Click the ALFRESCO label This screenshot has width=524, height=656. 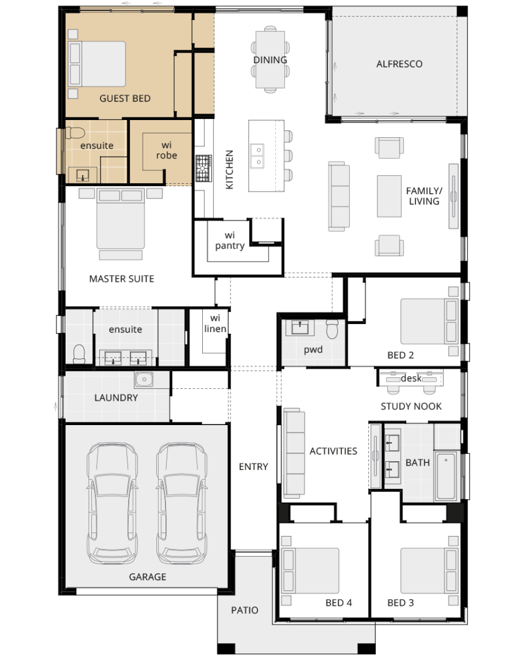pos(399,64)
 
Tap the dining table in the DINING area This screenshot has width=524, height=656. pos(270,59)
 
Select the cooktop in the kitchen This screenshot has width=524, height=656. pos(203,168)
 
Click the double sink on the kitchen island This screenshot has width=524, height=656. pos(257,156)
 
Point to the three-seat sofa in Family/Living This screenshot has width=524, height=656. pos(338,196)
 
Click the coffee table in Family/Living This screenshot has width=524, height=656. pos(389,196)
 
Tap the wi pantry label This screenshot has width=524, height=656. pos(229,241)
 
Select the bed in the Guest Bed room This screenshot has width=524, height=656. pos(97,64)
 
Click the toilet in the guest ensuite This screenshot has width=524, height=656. pos(75,133)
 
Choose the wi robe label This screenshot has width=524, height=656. pos(167,150)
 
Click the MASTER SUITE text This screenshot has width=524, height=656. pos(121,279)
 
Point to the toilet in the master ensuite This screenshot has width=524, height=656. pos(79,354)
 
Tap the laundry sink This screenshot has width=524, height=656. pos(144,380)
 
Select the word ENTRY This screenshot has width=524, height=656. pos(253,467)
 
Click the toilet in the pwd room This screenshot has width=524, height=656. pos(332,330)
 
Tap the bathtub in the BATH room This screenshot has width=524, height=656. pos(446,475)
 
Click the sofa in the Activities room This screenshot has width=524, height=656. pos(294,452)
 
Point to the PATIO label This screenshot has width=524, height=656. pos(245,610)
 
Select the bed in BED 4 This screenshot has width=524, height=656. pos(310,570)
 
